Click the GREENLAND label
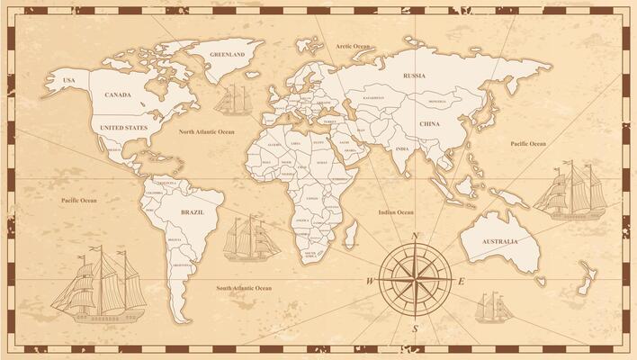pyautogui.click(x=227, y=55)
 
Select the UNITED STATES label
pyautogui.click(x=123, y=128)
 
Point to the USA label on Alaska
pyautogui.click(x=68, y=81)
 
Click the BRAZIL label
pyautogui.click(x=192, y=212)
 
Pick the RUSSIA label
pyautogui.click(x=414, y=76)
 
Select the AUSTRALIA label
pyautogui.click(x=499, y=241)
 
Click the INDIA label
pyautogui.click(x=402, y=149)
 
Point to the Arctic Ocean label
pyautogui.click(x=353, y=46)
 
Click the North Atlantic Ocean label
pyautogui.click(x=206, y=131)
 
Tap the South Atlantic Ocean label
pyautogui.click(x=244, y=288)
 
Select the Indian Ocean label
pyautogui.click(x=396, y=212)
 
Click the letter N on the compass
pyautogui.click(x=415, y=236)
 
